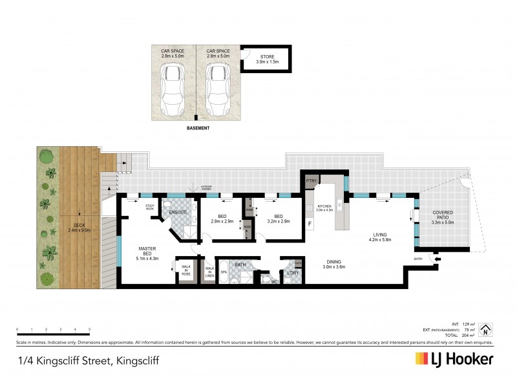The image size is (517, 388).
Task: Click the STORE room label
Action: pyautogui.click(x=267, y=59)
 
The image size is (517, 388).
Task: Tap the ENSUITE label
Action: pyautogui.click(x=178, y=212)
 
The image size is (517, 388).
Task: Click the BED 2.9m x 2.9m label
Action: pyautogui.click(x=222, y=219)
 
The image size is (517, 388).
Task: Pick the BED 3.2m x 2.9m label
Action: pyautogui.click(x=279, y=219)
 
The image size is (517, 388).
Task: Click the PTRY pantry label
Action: pyautogui.click(x=310, y=181)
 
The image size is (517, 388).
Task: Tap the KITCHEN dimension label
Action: pyautogui.click(x=324, y=208)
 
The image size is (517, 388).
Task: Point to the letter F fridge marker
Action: pyautogui.click(x=310, y=224)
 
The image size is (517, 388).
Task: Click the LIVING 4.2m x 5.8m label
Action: pyautogui.click(x=379, y=237)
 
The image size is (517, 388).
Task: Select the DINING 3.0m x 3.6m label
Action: pyautogui.click(x=335, y=264)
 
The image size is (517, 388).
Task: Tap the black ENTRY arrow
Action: pyautogui.click(x=439, y=260)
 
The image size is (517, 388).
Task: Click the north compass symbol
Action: pyautogui.click(x=488, y=329)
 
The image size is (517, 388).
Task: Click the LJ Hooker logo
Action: pyautogui.click(x=454, y=359)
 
